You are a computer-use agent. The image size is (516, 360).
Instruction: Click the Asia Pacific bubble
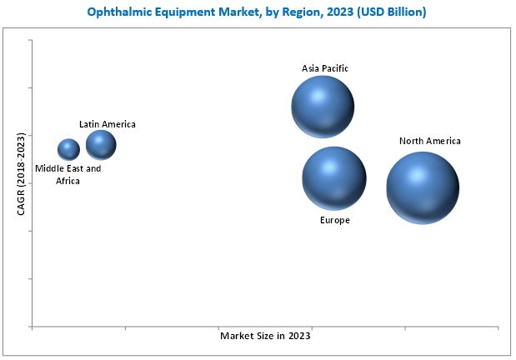click(323, 107)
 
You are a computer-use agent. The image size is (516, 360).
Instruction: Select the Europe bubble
click(334, 178)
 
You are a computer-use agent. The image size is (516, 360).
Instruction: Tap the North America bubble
click(423, 187)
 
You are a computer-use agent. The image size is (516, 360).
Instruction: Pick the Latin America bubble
click(101, 145)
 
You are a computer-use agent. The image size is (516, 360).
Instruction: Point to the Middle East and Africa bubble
click(68, 149)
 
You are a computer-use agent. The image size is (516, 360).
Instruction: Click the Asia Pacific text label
click(325, 68)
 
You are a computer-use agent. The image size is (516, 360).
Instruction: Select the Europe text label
click(334, 220)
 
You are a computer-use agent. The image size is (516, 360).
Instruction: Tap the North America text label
click(430, 141)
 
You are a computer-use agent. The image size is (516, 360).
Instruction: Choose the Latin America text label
click(108, 124)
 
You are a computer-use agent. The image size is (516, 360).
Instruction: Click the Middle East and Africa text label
click(68, 174)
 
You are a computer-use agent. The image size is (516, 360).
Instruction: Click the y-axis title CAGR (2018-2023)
click(21, 174)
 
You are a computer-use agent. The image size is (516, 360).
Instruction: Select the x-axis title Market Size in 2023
click(265, 336)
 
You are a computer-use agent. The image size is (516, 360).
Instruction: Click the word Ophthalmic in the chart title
click(119, 12)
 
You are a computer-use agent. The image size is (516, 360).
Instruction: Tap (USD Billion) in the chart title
click(392, 12)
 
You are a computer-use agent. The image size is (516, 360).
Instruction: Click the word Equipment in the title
click(185, 12)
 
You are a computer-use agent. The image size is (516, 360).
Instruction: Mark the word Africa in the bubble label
click(68, 181)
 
